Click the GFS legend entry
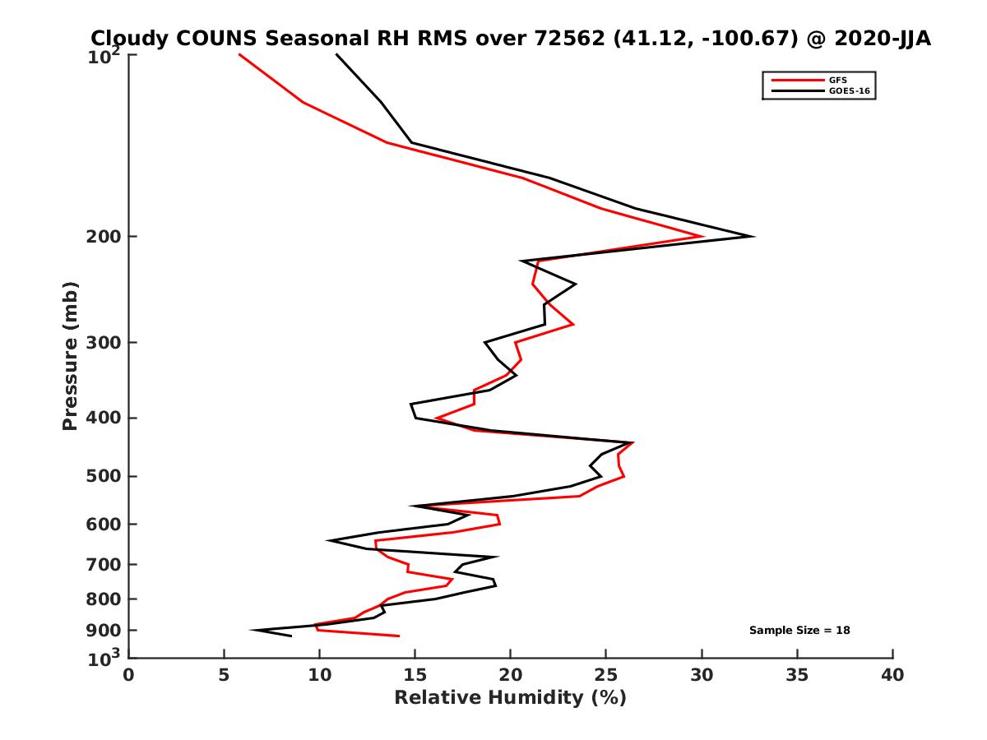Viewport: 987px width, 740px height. (x=837, y=80)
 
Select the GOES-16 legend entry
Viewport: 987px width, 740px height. (x=849, y=91)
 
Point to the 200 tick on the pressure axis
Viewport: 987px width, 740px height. (x=105, y=237)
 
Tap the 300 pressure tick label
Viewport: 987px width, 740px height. (x=105, y=342)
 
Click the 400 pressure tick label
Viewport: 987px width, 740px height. (x=105, y=418)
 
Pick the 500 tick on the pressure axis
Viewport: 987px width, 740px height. (x=105, y=476)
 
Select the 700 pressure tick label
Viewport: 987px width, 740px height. (x=105, y=564)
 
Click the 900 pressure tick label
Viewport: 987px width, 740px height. (x=105, y=631)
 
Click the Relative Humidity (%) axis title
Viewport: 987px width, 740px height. (x=510, y=698)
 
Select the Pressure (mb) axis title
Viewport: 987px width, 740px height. (x=70, y=355)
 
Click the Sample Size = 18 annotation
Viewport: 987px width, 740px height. (x=799, y=631)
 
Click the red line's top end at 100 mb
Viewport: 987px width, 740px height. (x=239, y=54)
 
